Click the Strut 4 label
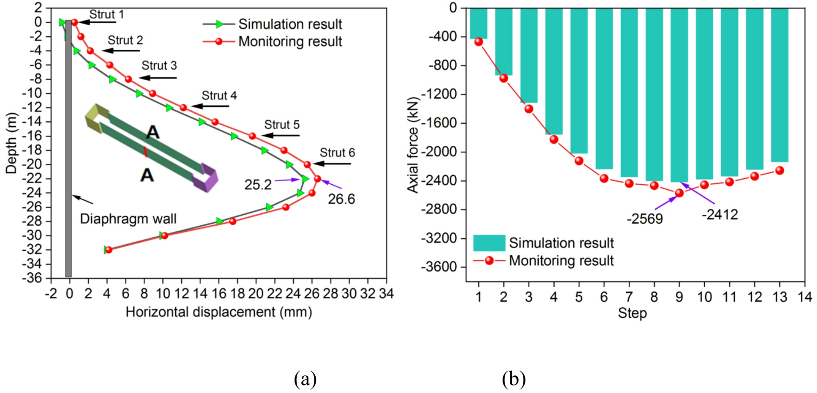219,96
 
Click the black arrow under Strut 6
332,164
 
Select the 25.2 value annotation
258,185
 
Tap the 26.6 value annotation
341,199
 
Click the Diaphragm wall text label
128,219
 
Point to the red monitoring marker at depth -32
108,250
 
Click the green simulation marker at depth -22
305,179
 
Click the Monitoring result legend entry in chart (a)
290,42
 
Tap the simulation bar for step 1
479,24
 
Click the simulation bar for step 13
779,84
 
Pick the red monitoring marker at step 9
679,193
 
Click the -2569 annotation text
645,219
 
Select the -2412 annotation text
720,215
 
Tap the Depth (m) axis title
11,143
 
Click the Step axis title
632,313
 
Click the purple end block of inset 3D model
206,178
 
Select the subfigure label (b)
514,379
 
